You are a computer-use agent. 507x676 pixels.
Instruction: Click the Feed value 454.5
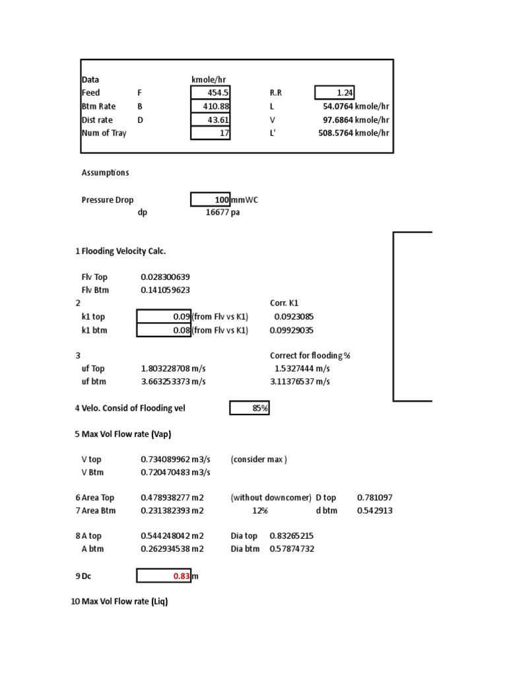[x=211, y=93]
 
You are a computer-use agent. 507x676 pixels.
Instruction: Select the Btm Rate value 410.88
[x=211, y=106]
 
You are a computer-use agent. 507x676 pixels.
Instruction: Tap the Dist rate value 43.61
[x=211, y=120]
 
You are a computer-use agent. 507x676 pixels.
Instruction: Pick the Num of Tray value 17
[x=211, y=133]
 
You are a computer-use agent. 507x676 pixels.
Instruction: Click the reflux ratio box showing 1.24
[x=335, y=93]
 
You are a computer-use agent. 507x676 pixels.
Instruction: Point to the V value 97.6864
[x=335, y=120]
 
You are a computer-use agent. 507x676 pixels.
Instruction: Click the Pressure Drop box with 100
[x=211, y=200]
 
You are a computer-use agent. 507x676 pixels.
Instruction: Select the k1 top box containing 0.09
[x=164, y=317]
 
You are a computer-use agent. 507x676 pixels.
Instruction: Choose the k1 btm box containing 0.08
[x=164, y=330]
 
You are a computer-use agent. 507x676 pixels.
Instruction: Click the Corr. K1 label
[x=285, y=303]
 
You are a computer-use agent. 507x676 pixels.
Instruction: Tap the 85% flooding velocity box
[x=250, y=409]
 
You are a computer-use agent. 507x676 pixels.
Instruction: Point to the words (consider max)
[x=259, y=459]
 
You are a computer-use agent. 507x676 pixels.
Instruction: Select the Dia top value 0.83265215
[x=292, y=536]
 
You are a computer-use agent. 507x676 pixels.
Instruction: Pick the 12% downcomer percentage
[x=260, y=511]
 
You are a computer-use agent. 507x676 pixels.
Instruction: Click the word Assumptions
[x=106, y=173]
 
